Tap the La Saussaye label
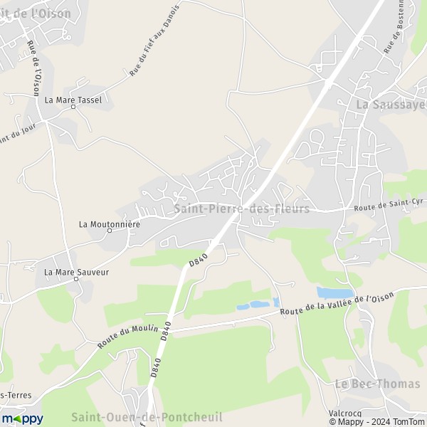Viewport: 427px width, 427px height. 390,105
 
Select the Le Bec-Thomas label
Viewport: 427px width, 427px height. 377,384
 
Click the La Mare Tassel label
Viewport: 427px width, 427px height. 73,100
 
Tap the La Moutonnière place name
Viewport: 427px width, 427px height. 110,223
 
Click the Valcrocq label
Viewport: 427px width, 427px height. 346,413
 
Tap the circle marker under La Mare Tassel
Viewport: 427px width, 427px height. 73,107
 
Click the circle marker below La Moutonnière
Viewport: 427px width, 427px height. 110,231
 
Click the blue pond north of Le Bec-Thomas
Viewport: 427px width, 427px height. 334,292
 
